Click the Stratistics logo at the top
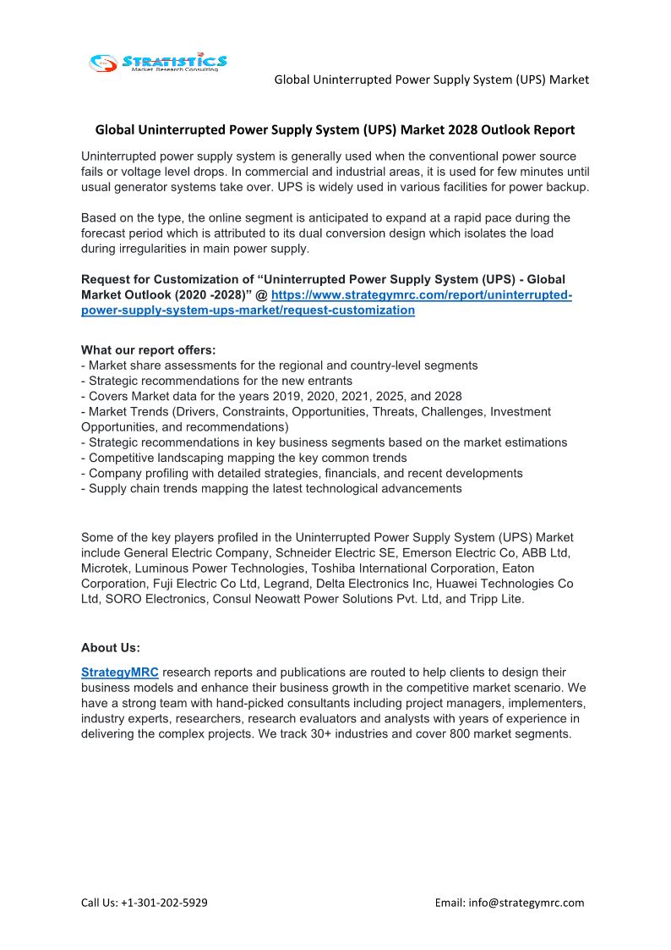coord(158,62)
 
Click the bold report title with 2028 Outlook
coord(335,130)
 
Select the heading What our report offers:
coord(148,350)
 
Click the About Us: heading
coord(111,648)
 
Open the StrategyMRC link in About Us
coord(120,673)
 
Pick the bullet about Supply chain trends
coord(271,489)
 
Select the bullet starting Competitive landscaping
coord(243,458)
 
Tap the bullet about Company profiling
coord(302,474)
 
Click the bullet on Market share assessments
coord(279,365)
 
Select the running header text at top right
coord(431,80)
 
